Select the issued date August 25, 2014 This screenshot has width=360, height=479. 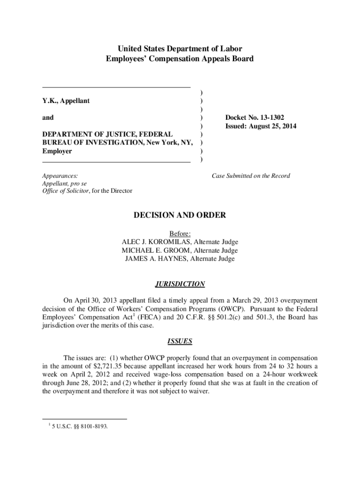coord(274,126)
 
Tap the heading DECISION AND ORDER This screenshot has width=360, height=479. coord(180,215)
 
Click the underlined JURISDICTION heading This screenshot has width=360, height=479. coord(180,284)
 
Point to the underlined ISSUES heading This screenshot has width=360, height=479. coord(180,341)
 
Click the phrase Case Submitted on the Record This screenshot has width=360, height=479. coord(251,176)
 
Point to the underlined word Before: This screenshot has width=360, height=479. coord(180,233)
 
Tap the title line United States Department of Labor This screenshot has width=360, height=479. coord(180,49)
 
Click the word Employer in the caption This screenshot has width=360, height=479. coord(57,152)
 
